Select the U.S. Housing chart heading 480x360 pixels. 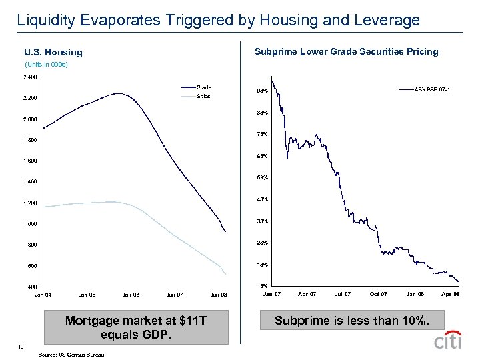click(x=53, y=52)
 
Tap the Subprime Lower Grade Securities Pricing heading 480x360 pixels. click(x=347, y=51)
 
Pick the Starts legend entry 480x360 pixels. click(x=204, y=87)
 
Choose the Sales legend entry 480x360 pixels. click(x=203, y=96)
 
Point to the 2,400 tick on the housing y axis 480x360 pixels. click(x=30, y=77)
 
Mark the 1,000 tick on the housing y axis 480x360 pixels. click(x=30, y=224)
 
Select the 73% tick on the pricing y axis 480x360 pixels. click(x=262, y=135)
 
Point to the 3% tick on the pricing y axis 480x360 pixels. click(x=263, y=287)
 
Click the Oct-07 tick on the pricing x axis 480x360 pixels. click(x=379, y=294)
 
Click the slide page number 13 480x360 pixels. click(x=21, y=346)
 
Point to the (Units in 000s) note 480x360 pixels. click(x=46, y=65)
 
